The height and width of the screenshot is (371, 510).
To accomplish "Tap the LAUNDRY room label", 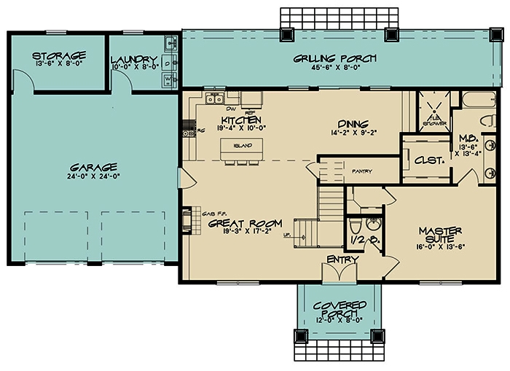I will [134, 59].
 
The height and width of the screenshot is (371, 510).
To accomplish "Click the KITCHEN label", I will [240, 120].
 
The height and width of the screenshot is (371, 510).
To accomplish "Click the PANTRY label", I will [361, 172].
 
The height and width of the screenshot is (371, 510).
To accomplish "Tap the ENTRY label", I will [341, 259].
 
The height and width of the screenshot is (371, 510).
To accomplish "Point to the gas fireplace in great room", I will [187, 218].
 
